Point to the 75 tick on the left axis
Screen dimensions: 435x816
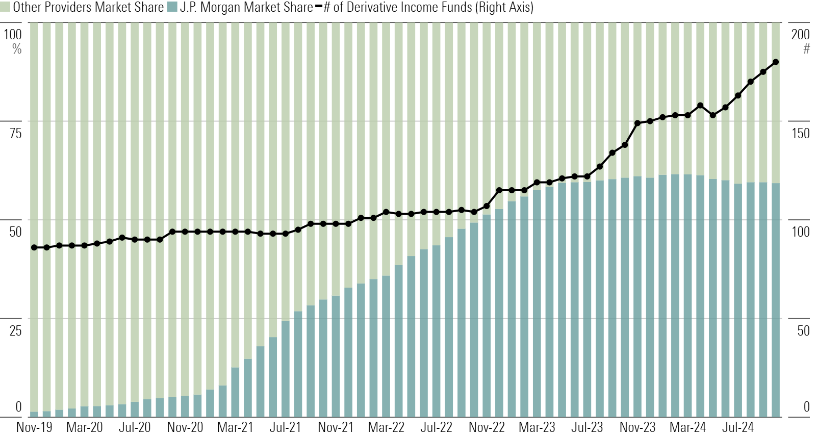point(16,133)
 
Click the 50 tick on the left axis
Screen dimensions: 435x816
point(16,232)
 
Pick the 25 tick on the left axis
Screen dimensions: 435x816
point(16,330)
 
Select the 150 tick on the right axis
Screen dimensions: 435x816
point(800,133)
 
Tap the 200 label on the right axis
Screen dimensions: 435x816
point(800,34)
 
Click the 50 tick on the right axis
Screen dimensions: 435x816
point(803,330)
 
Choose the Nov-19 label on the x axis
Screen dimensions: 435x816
point(34,427)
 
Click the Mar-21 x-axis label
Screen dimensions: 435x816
point(235,427)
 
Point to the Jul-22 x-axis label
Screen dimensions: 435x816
point(436,427)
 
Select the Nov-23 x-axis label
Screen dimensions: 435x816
point(637,427)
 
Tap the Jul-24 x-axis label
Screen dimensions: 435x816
point(737,427)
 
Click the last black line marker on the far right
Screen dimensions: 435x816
point(775,62)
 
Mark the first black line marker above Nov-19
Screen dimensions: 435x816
point(34,247)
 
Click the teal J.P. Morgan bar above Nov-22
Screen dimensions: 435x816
point(487,316)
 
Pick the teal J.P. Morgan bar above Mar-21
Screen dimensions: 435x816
point(235,393)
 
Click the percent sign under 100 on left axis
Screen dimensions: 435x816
point(17,49)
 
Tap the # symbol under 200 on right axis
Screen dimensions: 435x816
point(806,49)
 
